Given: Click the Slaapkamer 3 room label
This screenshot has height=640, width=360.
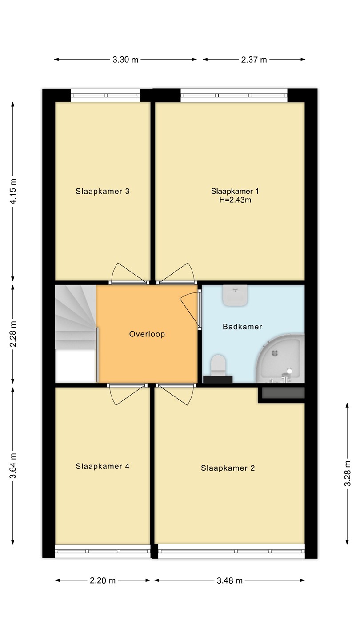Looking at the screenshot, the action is [103, 192].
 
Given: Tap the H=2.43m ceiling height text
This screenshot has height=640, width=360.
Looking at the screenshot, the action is [235, 200].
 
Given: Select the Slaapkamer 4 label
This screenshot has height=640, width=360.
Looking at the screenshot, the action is [103, 467].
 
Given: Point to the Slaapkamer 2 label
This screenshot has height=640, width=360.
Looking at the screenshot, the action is [228, 468].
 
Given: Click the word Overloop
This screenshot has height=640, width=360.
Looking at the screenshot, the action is [147, 334].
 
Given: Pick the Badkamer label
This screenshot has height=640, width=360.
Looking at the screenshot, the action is [242, 327].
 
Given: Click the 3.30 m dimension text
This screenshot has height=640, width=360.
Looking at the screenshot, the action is [125, 60].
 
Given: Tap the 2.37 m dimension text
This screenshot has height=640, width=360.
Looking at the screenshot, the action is [254, 60].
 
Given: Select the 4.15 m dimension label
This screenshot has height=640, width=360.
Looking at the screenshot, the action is [13, 192].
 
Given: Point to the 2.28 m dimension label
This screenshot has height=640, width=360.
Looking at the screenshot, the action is [13, 334].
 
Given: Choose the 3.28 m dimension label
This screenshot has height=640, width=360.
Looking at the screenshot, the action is [348, 473].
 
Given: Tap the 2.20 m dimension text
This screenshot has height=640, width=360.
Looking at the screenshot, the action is [103, 580].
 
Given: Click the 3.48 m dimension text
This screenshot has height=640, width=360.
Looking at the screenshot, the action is [229, 580].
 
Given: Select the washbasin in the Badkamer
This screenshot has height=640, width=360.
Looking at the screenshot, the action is [235, 296].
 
